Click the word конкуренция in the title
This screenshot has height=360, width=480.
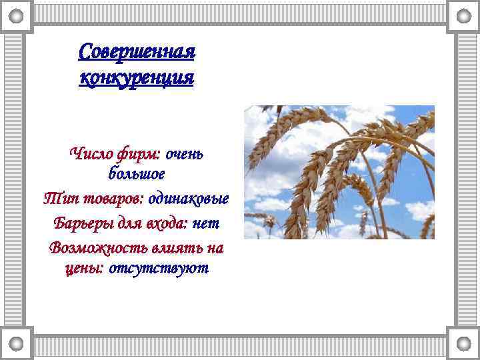[x=136, y=78]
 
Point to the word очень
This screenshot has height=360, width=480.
[x=184, y=154]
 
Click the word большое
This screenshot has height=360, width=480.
[x=136, y=174]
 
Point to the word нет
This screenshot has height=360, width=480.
[x=205, y=223]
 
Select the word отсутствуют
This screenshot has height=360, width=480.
[x=159, y=268]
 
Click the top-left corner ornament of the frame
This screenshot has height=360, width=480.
[x=17, y=16]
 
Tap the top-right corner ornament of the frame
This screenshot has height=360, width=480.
[x=463, y=16]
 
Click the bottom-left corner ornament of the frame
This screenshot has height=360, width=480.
[x=17, y=343]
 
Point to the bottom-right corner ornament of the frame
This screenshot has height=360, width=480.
[x=463, y=343]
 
